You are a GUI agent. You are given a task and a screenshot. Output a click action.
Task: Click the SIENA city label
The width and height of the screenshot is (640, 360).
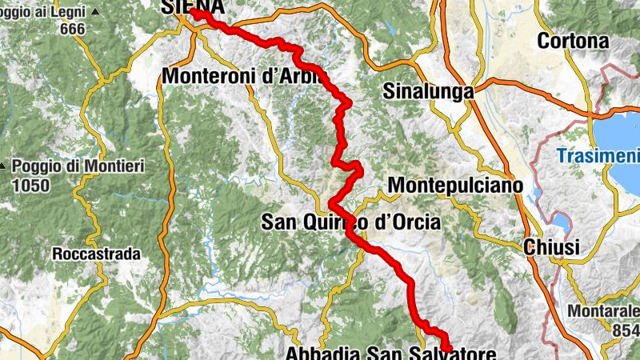point(194,6)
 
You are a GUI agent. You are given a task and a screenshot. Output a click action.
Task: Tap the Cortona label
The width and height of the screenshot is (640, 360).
point(573,41)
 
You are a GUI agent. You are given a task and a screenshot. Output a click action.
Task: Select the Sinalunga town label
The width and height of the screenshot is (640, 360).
point(428,92)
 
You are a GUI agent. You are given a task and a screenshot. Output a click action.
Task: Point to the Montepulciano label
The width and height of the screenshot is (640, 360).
point(455,186)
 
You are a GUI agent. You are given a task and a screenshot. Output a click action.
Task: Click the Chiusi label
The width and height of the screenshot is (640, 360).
point(551,248)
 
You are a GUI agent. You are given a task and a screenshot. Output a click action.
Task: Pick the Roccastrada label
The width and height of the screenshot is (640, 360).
point(96,254)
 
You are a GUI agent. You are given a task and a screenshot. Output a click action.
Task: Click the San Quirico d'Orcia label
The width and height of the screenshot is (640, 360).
point(350,223)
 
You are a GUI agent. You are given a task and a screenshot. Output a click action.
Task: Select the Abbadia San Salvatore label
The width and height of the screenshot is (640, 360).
point(390,353)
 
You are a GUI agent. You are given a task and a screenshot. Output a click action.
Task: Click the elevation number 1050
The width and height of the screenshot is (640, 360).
point(31,186)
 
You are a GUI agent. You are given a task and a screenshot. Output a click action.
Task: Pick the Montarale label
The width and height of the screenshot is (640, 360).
point(602,310)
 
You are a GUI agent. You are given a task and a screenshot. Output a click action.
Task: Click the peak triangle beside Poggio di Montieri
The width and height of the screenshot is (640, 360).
point(4,167)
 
